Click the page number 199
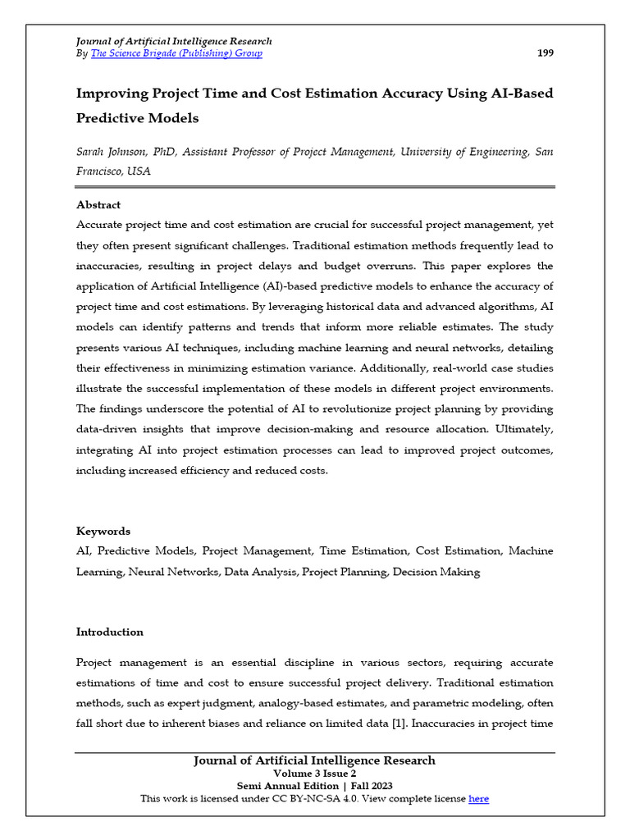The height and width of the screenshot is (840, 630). (x=545, y=53)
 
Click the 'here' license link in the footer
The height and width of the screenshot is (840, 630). (x=478, y=798)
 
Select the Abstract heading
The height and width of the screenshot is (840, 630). (x=98, y=205)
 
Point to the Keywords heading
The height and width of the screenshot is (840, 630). (x=103, y=531)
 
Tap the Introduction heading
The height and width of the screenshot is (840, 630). (x=110, y=632)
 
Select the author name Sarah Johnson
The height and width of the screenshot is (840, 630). (x=111, y=152)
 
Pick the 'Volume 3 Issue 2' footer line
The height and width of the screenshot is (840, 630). (x=314, y=774)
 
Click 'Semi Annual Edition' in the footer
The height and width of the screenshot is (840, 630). (x=275, y=786)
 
